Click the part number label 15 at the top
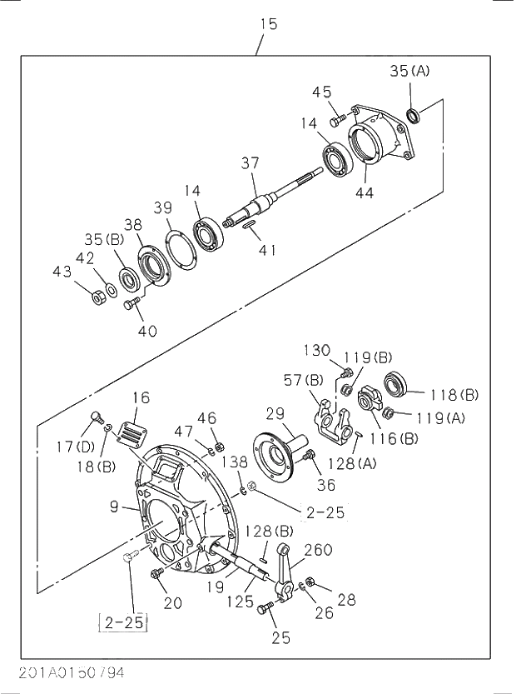(x=268, y=24)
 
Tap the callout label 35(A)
(x=409, y=71)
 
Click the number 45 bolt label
(x=322, y=92)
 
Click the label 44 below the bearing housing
(x=365, y=193)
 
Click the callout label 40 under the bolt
(x=147, y=331)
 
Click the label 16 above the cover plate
(x=141, y=397)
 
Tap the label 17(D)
(x=76, y=447)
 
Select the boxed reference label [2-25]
(x=122, y=621)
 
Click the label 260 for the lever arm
(x=318, y=550)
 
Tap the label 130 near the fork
(x=316, y=351)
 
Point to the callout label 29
(x=275, y=414)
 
